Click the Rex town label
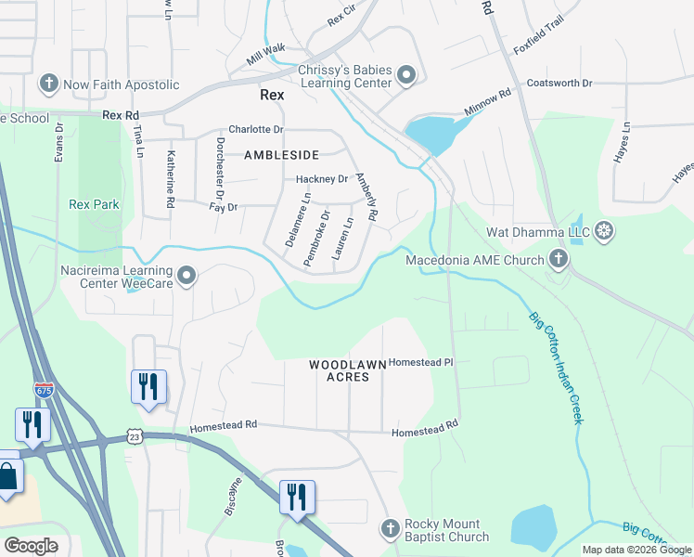click(x=271, y=95)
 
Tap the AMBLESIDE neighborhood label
click(x=281, y=155)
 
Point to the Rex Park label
click(x=94, y=204)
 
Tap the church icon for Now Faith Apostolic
click(x=48, y=84)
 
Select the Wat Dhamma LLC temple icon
click(x=604, y=230)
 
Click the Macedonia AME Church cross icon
click(x=558, y=260)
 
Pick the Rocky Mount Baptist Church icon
click(x=390, y=530)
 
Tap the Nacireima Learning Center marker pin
click(x=187, y=275)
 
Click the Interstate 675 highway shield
click(x=44, y=390)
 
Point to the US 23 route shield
click(x=135, y=436)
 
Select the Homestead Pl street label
click(x=419, y=362)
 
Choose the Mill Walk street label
click(x=266, y=55)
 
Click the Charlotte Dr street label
click(x=255, y=130)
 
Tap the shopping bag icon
click(x=6, y=475)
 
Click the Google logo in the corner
click(x=31, y=546)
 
